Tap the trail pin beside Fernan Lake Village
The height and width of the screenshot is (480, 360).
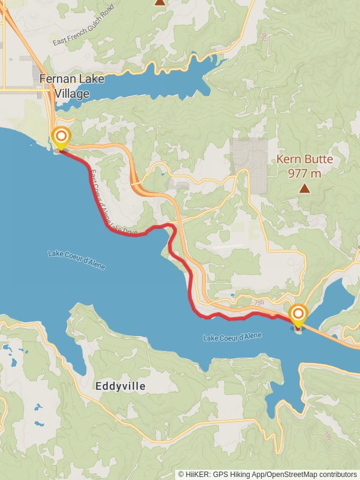(x=61, y=137)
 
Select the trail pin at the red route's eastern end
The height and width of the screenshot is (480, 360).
(x=298, y=315)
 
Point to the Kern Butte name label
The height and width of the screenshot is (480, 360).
(x=304, y=160)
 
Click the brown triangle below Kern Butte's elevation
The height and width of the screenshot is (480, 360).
(x=305, y=189)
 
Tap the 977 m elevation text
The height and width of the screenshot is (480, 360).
(x=304, y=173)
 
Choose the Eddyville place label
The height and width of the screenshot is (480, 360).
(x=121, y=387)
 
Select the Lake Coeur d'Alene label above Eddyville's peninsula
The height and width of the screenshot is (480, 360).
(x=232, y=338)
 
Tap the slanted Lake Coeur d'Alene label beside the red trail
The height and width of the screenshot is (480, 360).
(x=77, y=260)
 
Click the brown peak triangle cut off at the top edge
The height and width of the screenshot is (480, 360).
(x=160, y=2)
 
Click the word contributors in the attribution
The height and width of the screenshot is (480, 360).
(x=338, y=474)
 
